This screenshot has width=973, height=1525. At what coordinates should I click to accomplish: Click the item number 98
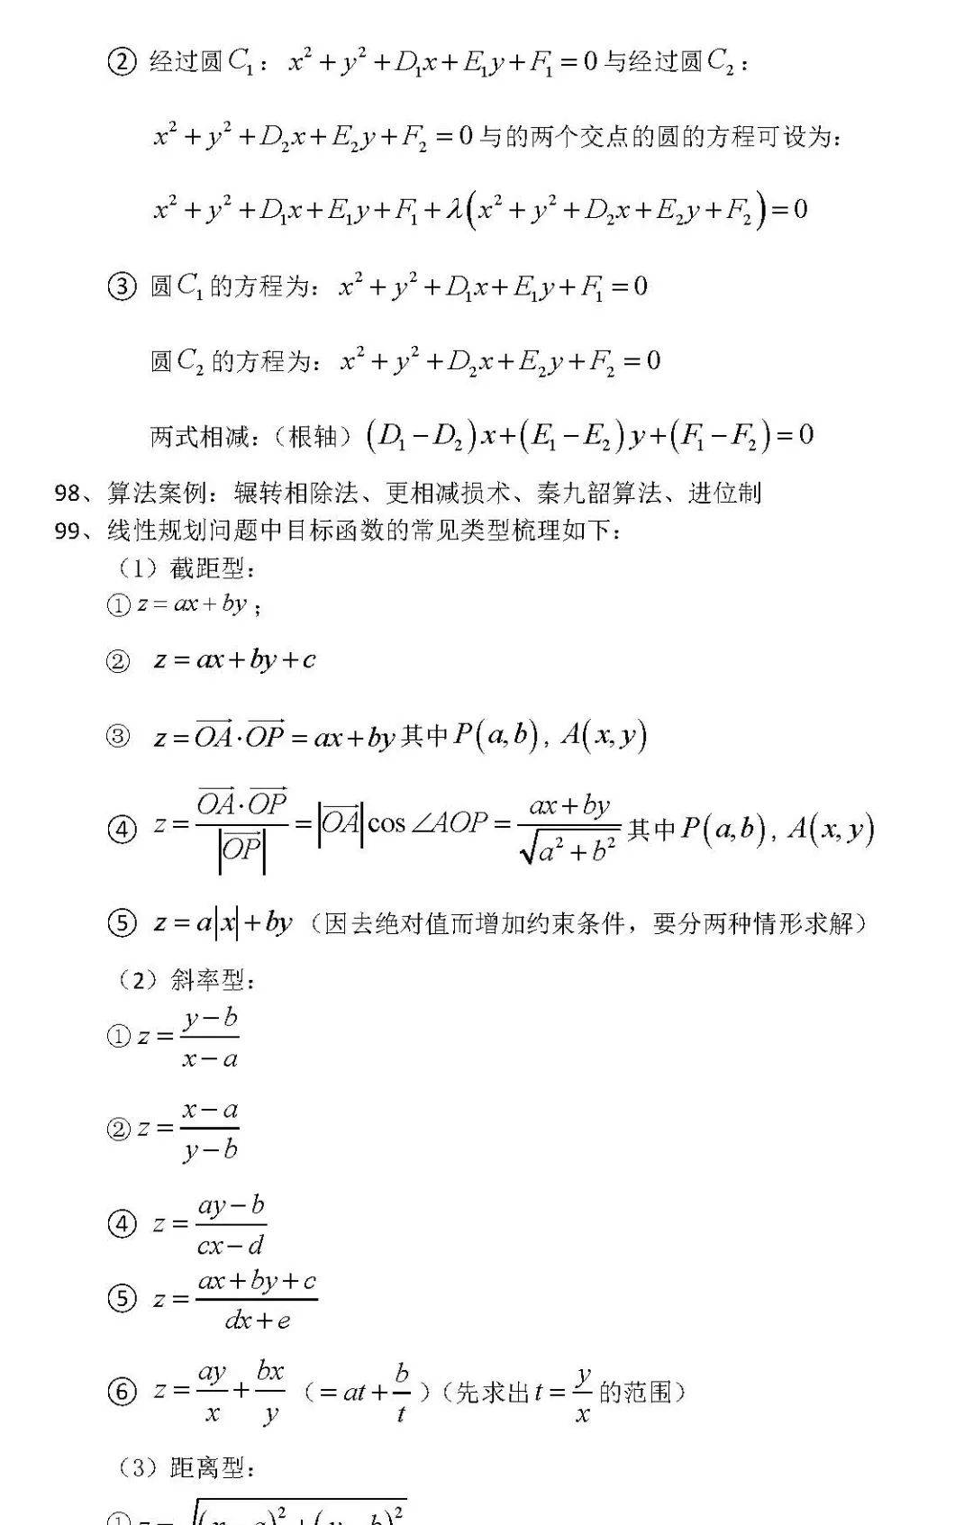(x=68, y=493)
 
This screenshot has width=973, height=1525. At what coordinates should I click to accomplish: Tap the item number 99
(x=68, y=531)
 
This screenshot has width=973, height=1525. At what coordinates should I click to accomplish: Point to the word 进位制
(x=724, y=493)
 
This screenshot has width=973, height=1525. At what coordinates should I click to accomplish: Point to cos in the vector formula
(x=386, y=823)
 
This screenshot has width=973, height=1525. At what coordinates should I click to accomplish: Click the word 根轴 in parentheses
(x=314, y=437)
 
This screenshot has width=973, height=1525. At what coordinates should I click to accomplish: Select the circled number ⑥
(x=122, y=1392)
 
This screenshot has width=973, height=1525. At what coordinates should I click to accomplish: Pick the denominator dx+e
(x=258, y=1321)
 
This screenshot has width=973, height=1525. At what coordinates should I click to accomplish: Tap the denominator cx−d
(x=231, y=1246)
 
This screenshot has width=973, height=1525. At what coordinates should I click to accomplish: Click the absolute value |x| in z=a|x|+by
(x=227, y=923)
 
